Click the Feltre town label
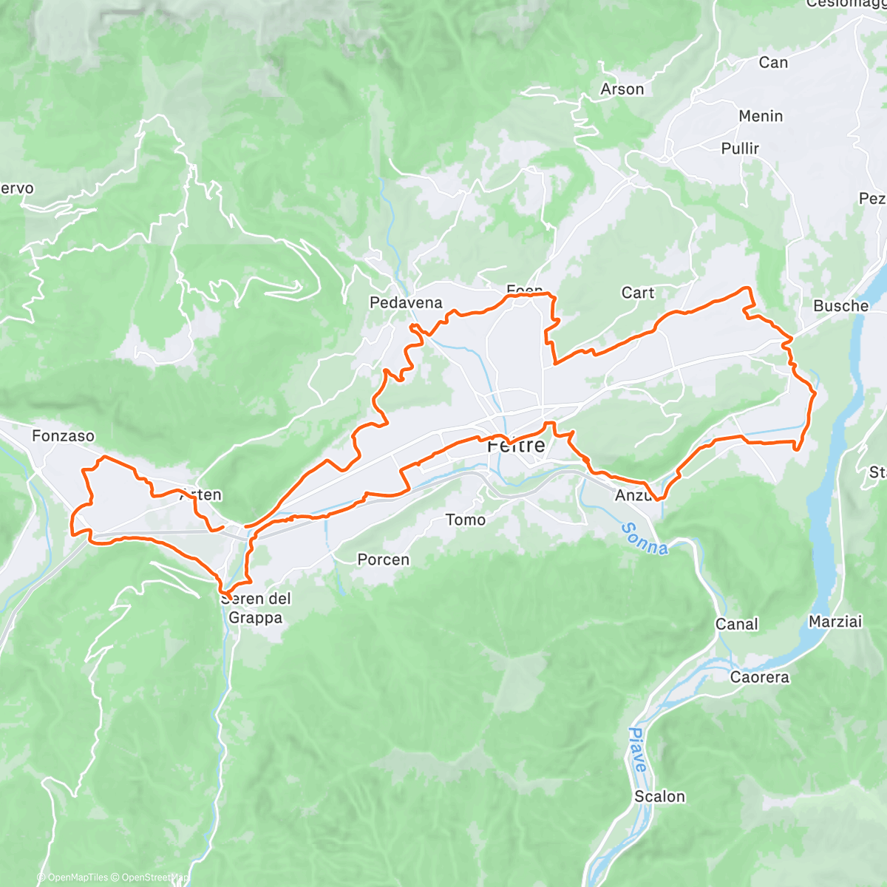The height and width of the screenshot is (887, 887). click(x=516, y=446)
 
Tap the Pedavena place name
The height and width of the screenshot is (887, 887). click(x=406, y=302)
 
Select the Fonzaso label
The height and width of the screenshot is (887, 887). click(x=63, y=436)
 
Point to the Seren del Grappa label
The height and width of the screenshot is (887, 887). click(x=256, y=608)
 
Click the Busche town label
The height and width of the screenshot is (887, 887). click(x=840, y=306)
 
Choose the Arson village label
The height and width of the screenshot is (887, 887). click(x=622, y=89)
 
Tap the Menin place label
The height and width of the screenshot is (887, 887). click(x=761, y=116)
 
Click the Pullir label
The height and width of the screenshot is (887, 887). click(x=740, y=149)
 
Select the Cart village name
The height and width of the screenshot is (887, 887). click(x=637, y=293)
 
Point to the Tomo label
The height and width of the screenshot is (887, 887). click(x=466, y=520)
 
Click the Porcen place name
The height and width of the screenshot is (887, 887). click(x=383, y=560)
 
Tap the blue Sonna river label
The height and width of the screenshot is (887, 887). click(x=644, y=539)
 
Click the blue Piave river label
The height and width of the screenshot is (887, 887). click(x=637, y=750)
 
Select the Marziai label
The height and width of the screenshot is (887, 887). click(x=835, y=622)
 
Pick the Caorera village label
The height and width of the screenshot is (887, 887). click(x=759, y=677)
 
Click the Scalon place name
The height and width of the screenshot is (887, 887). click(x=659, y=797)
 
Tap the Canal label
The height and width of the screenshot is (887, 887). click(x=736, y=625)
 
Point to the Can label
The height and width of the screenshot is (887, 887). click(x=773, y=63)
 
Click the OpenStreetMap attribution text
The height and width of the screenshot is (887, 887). click(x=155, y=878)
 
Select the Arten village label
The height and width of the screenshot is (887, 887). click(x=201, y=495)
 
